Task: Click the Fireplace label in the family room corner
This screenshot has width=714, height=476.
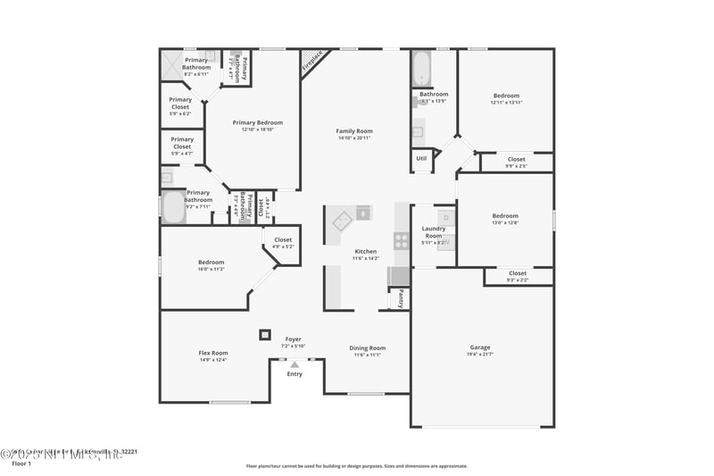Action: pos(312,62)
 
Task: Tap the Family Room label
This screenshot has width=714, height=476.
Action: pos(354,130)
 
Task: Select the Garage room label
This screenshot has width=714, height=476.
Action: pos(480,347)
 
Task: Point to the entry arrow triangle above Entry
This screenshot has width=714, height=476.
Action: pos(295,364)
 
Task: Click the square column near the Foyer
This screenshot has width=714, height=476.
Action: pos(264,335)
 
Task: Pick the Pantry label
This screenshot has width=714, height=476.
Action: pos(402,298)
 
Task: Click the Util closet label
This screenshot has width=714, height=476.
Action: pos(421,158)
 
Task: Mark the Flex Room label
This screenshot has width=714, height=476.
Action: pos(212,353)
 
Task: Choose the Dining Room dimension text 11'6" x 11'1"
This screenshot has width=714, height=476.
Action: pos(367,355)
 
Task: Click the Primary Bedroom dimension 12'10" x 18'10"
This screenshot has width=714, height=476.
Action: pos(257,129)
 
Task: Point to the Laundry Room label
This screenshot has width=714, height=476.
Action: pos(434,232)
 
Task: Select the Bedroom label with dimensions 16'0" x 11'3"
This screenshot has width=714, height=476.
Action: pos(211,262)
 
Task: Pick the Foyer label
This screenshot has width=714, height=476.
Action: pos(293,339)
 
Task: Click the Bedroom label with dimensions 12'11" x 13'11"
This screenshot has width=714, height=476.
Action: pos(506,96)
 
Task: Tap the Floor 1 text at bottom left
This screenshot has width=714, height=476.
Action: pos(21,463)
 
